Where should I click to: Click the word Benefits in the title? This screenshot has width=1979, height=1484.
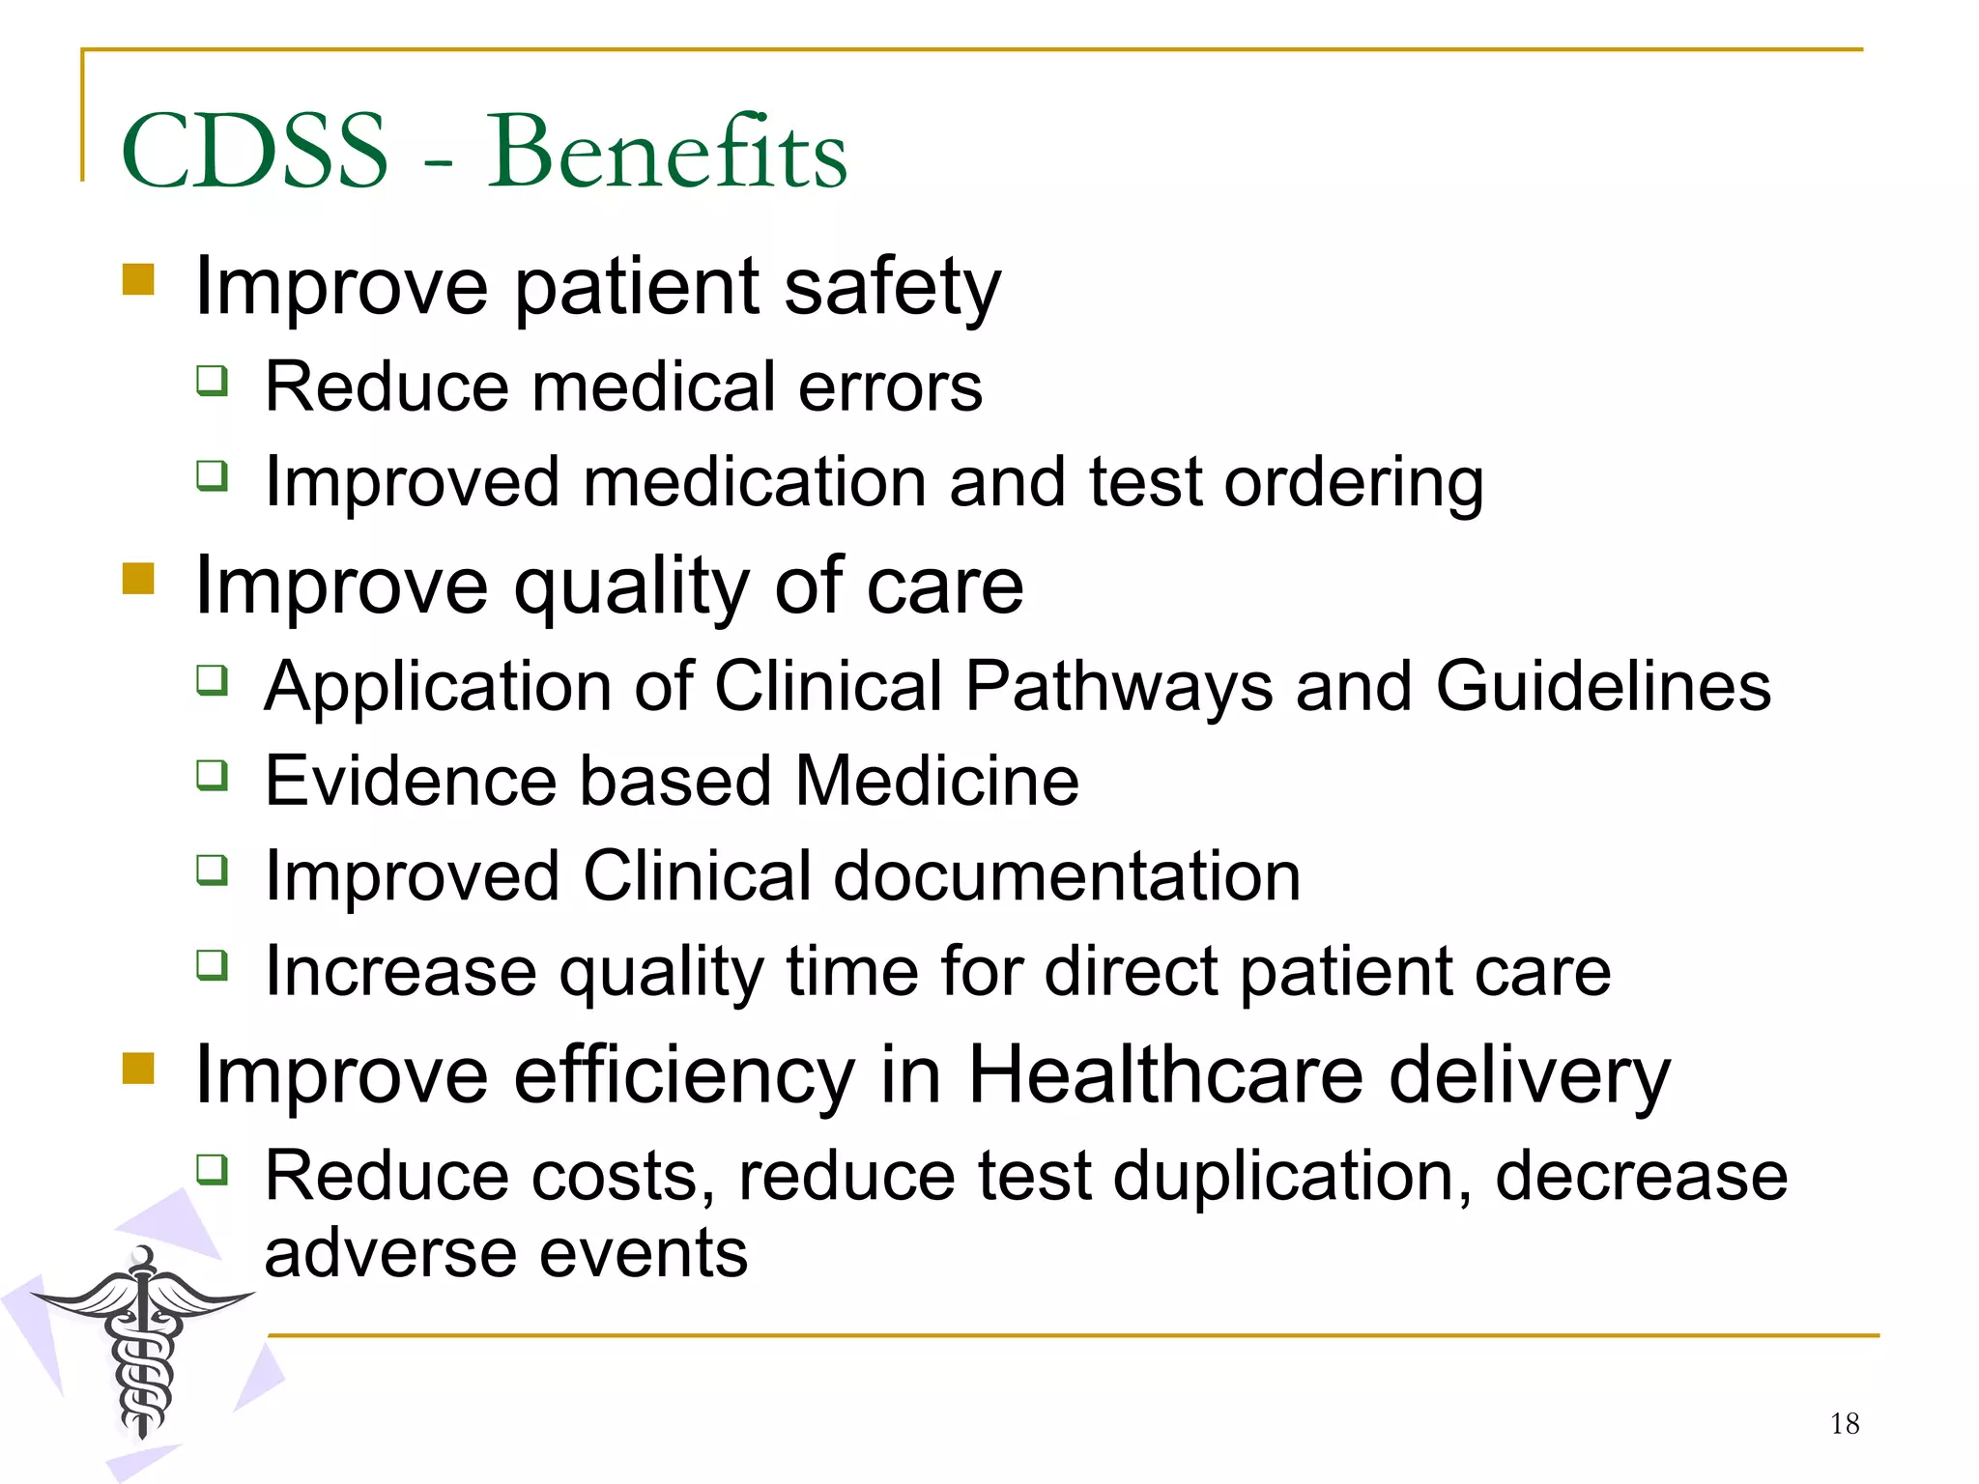click(667, 152)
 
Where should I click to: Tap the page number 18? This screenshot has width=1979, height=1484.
click(1844, 1423)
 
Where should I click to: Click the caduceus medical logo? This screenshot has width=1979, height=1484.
click(143, 1343)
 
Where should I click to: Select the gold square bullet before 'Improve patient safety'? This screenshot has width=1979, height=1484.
click(139, 280)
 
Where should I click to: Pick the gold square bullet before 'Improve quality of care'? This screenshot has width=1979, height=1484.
click(139, 580)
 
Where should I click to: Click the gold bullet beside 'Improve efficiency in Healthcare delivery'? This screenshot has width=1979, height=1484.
click(139, 1069)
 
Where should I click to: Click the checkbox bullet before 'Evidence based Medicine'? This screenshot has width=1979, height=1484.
click(213, 774)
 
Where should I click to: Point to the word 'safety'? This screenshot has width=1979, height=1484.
click(892, 288)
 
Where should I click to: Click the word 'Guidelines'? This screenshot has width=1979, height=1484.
click(1603, 686)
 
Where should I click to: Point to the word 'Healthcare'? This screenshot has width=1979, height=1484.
click(1165, 1075)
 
